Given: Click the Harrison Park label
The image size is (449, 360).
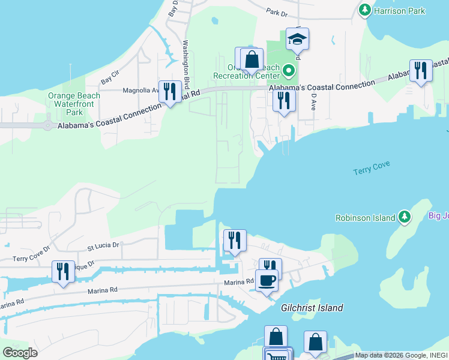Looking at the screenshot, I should tap(400, 11).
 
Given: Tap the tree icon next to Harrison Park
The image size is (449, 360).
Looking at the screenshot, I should tap(364, 10).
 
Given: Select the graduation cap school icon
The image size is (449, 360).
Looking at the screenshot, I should tap(297, 40).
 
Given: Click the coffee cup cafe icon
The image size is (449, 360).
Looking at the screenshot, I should tap(267, 280).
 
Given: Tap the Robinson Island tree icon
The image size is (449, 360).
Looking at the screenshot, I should tap(405, 217).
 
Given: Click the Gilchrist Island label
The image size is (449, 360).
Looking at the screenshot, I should tap(312, 308).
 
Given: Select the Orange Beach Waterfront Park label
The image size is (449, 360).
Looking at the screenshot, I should tap(74, 104).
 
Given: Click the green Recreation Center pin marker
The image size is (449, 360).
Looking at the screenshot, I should tap(289, 71).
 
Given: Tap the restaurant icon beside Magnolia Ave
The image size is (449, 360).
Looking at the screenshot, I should tap(170, 91).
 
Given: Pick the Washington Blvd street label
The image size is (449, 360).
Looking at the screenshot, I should tap(187, 64).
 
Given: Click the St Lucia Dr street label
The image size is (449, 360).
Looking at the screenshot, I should tap(103, 245).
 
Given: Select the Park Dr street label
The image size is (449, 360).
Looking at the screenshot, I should tap(277, 11).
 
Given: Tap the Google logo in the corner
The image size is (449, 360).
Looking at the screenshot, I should tap(20, 353).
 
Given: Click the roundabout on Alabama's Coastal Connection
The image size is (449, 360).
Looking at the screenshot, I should tap(47, 125).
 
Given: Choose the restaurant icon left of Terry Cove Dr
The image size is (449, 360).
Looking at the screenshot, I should tap(63, 272).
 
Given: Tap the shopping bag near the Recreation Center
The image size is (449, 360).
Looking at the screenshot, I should tap(252, 59).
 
